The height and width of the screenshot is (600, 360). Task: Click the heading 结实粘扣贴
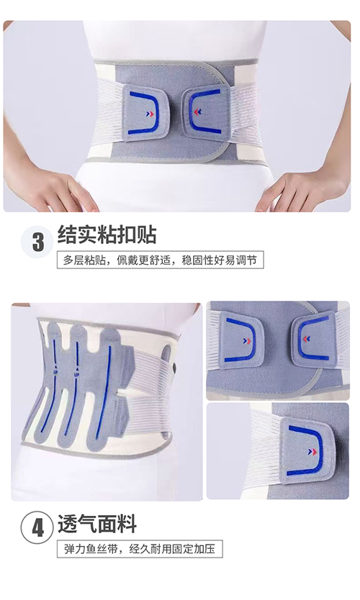pos(107,235)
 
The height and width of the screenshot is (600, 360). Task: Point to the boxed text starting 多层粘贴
pos(160,260)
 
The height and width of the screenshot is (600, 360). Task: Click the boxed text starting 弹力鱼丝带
pos(139,548)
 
